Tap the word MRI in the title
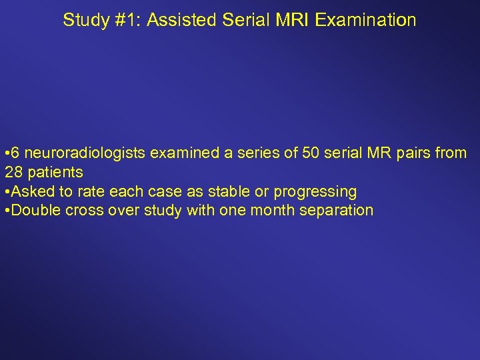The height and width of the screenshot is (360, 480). coord(291,20)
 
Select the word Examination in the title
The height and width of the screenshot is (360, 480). coord(366,20)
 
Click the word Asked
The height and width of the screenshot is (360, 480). coord(33,192)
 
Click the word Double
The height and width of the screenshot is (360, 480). coord(37,211)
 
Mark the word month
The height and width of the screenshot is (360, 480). coord(268,211)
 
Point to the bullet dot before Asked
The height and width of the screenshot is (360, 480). coord(7,192)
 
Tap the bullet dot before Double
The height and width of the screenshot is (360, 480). coord(7,211)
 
